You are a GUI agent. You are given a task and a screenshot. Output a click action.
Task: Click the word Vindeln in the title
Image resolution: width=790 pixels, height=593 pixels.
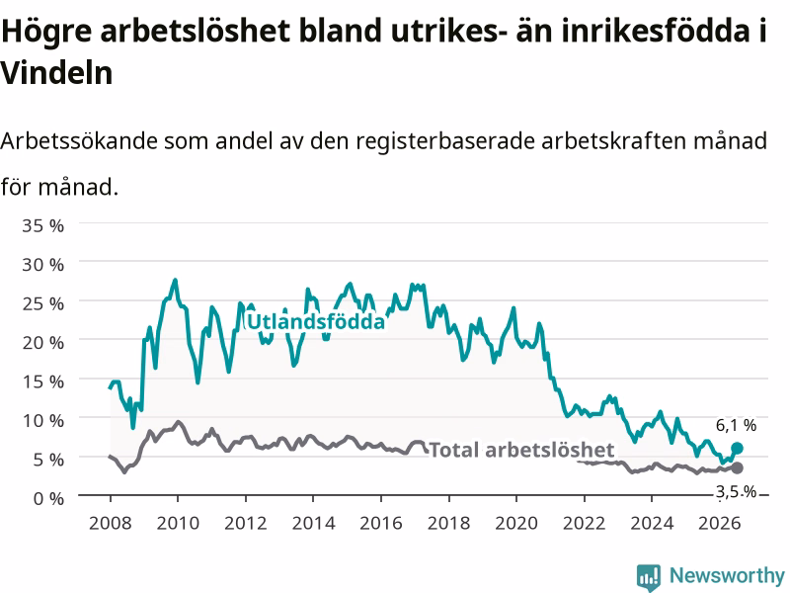pos(56,73)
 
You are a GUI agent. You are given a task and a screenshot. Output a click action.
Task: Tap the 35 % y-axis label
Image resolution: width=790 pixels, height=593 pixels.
pos(42,225)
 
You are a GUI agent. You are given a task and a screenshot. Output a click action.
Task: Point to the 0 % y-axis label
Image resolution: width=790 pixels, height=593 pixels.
pos(48,498)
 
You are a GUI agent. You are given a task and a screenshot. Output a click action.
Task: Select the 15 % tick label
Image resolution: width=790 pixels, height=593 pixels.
pos(42,381)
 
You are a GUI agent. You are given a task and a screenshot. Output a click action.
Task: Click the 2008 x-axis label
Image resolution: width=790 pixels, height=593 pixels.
pos(110,523)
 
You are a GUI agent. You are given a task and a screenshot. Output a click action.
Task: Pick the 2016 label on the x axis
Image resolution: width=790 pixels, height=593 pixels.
pos(381,523)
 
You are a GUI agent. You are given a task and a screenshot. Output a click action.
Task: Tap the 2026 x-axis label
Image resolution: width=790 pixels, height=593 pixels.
pos(720,523)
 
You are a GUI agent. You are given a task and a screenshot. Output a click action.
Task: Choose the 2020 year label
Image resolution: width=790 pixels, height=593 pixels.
pos(516,523)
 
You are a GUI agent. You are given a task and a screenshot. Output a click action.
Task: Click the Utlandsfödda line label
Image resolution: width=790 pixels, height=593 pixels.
pos(316,322)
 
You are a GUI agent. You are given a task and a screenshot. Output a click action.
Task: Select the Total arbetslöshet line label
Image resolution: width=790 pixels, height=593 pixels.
pos(522,450)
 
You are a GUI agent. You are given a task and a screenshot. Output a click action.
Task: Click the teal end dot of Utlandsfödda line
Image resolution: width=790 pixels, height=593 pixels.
pos(737,448)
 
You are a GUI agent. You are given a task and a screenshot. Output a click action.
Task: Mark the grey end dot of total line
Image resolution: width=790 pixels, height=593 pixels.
pos(737,467)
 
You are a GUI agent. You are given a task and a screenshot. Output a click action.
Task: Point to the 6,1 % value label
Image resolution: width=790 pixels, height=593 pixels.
pos(736,426)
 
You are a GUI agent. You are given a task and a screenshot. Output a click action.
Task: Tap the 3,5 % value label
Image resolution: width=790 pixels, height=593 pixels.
pos(736,491)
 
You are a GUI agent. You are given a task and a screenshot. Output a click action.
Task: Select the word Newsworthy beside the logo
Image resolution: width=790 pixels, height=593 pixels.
pos(727,575)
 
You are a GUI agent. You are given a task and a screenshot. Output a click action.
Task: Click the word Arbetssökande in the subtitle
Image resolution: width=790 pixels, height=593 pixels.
pos(79,140)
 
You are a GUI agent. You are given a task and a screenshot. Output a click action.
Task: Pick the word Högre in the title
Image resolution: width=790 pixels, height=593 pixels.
pos(46,32)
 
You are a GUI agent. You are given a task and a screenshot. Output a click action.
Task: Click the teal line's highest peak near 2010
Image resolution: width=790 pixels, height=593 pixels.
pos(175,280)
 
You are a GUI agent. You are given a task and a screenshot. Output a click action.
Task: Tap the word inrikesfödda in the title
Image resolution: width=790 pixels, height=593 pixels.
pos(640,31)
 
